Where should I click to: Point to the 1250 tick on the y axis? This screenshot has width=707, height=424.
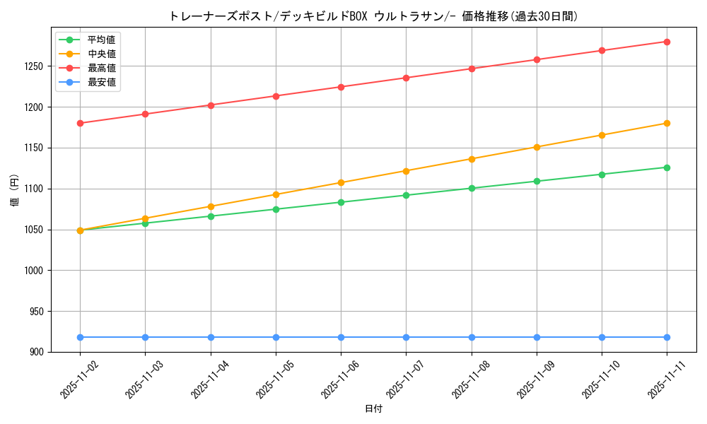[x=35, y=66]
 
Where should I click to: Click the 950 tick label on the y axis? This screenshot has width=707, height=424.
[x=37, y=312]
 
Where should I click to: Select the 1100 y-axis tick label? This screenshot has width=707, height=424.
[x=35, y=189]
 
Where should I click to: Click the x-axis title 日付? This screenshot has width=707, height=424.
[x=373, y=409]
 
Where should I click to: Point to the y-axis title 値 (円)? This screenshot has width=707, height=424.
[x=15, y=191]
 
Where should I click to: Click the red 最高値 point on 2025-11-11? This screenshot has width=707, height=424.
[x=667, y=42]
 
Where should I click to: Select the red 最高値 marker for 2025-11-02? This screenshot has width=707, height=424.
[x=80, y=123]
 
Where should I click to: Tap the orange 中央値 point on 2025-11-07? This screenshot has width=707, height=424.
[x=406, y=171]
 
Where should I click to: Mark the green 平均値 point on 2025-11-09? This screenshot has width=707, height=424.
[x=537, y=181]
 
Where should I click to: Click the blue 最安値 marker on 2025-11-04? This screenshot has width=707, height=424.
[x=211, y=337]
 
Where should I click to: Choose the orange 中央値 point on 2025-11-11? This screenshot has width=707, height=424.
[x=667, y=123]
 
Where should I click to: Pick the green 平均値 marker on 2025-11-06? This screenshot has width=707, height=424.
[x=341, y=202]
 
